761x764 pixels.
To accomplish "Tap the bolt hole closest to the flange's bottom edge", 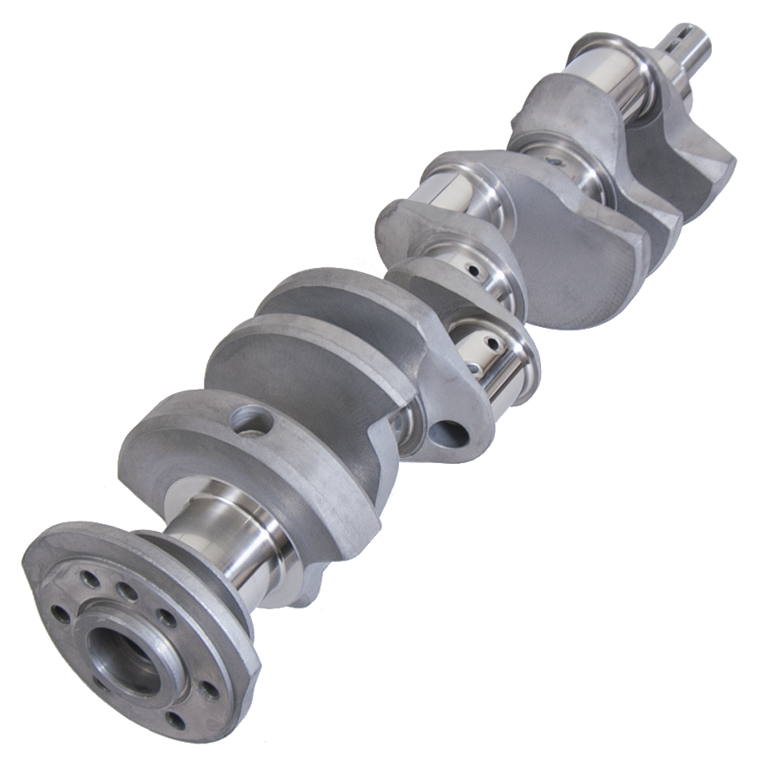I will (x=175, y=720).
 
